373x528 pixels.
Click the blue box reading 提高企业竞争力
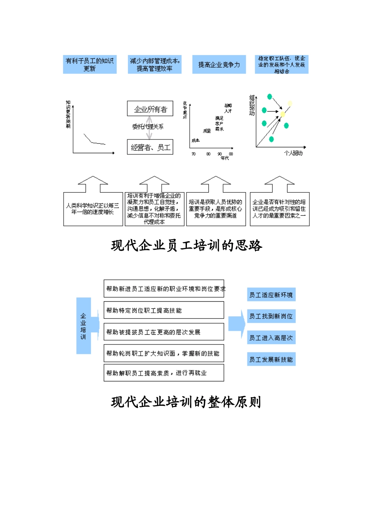pos(219,64)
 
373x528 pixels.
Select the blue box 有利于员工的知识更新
pos(90,64)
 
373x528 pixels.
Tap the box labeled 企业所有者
pos(150,109)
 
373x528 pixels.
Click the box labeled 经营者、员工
pos(150,147)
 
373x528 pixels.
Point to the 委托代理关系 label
pos(148,126)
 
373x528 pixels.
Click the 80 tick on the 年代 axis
pos(208,154)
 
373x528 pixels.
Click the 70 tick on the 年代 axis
pos(193,154)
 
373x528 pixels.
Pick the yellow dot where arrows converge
pos(282,114)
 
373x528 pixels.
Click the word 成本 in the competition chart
pos(196,140)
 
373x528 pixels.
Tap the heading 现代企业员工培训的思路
pos(186,246)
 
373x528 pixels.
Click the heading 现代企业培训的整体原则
pos(186,402)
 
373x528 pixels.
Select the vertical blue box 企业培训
pos(83,326)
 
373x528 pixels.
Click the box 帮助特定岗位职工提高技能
pos(164,310)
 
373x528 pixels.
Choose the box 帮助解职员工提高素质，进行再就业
pos(164,373)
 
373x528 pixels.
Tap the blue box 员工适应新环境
pos(271,295)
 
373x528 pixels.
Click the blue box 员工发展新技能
pos(271,359)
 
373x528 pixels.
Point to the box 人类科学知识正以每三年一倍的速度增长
pos(93,209)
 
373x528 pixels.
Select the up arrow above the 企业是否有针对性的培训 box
pos(279,184)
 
